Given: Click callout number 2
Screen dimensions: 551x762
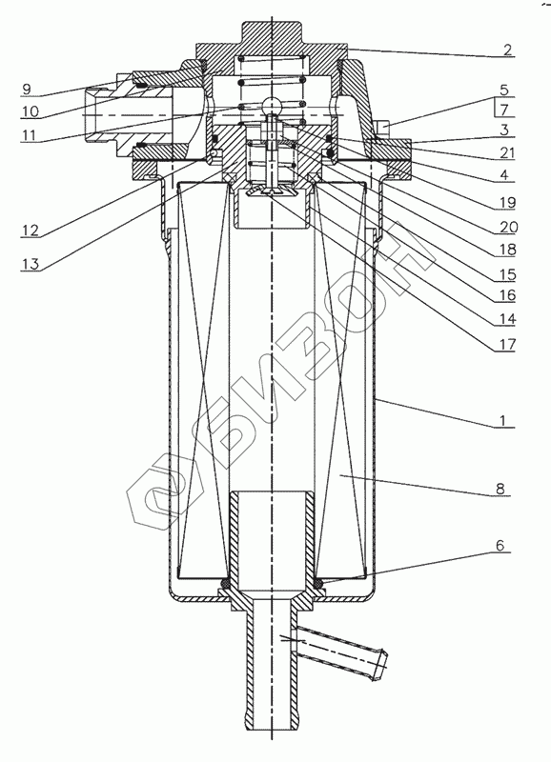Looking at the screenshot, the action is pyautogui.click(x=507, y=50).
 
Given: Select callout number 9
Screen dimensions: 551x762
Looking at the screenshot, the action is pyautogui.click(x=27, y=89).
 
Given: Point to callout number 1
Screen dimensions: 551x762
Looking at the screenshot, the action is pyautogui.click(x=504, y=420).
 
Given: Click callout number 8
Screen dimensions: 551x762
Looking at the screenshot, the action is pyautogui.click(x=500, y=489).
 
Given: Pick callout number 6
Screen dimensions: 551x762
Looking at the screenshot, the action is pyautogui.click(x=500, y=545).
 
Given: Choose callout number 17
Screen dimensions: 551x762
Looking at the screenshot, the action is pyautogui.click(x=506, y=345).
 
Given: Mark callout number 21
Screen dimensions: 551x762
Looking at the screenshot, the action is pyautogui.click(x=506, y=152).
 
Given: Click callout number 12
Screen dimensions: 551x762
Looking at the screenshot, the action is pyautogui.click(x=30, y=230).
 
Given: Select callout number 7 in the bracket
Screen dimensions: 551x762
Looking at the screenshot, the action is pyautogui.click(x=504, y=110).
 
